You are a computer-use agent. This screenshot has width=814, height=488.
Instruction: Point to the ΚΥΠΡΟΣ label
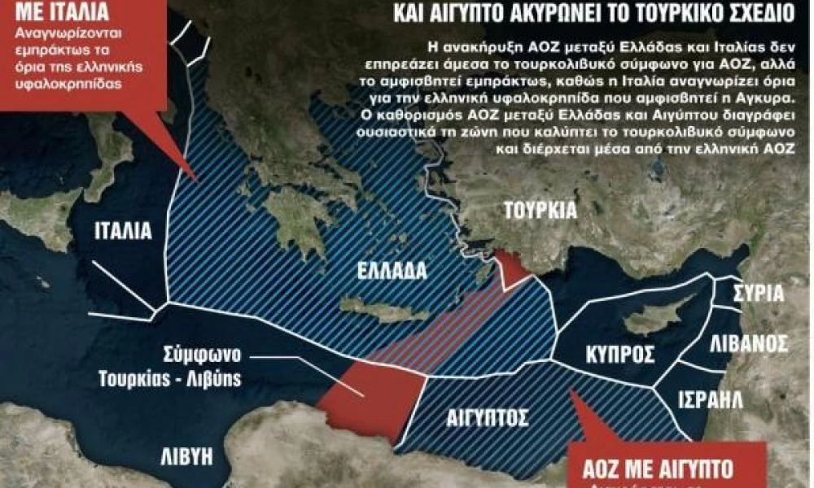(x=620, y=355)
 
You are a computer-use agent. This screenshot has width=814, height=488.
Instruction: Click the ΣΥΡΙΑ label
(x=758, y=294)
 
